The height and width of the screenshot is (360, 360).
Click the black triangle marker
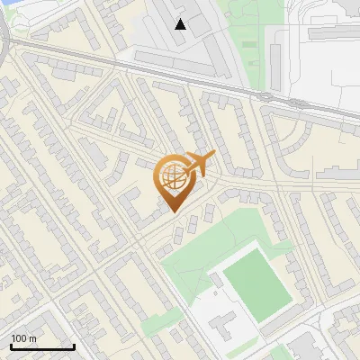click(x=181, y=24)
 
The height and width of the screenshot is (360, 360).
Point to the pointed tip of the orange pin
click(x=174, y=211)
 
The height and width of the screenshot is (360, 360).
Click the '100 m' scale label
click(x=23, y=338)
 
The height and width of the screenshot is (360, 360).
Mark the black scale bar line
click(x=42, y=346)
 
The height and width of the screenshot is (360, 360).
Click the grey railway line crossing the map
click(x=180, y=70)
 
